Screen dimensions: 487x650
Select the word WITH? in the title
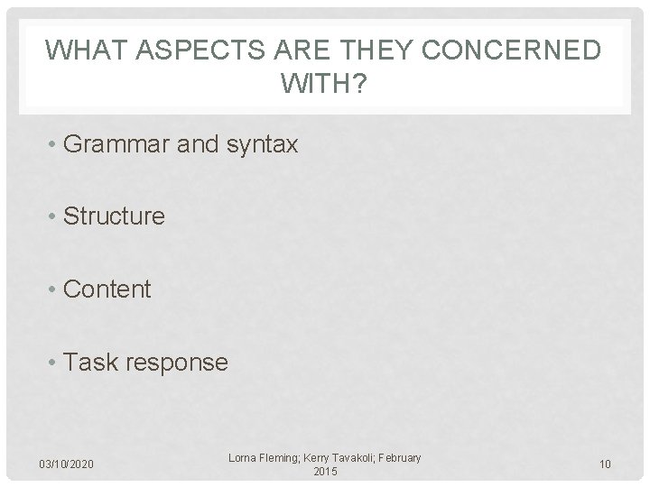[325, 87]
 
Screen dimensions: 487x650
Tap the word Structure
[115, 216]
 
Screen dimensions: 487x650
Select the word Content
[108, 289]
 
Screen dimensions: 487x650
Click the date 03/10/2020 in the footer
[68, 464]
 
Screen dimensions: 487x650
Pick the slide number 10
[605, 464]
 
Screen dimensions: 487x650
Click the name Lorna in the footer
[247, 458]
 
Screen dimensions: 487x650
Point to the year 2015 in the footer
[324, 472]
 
